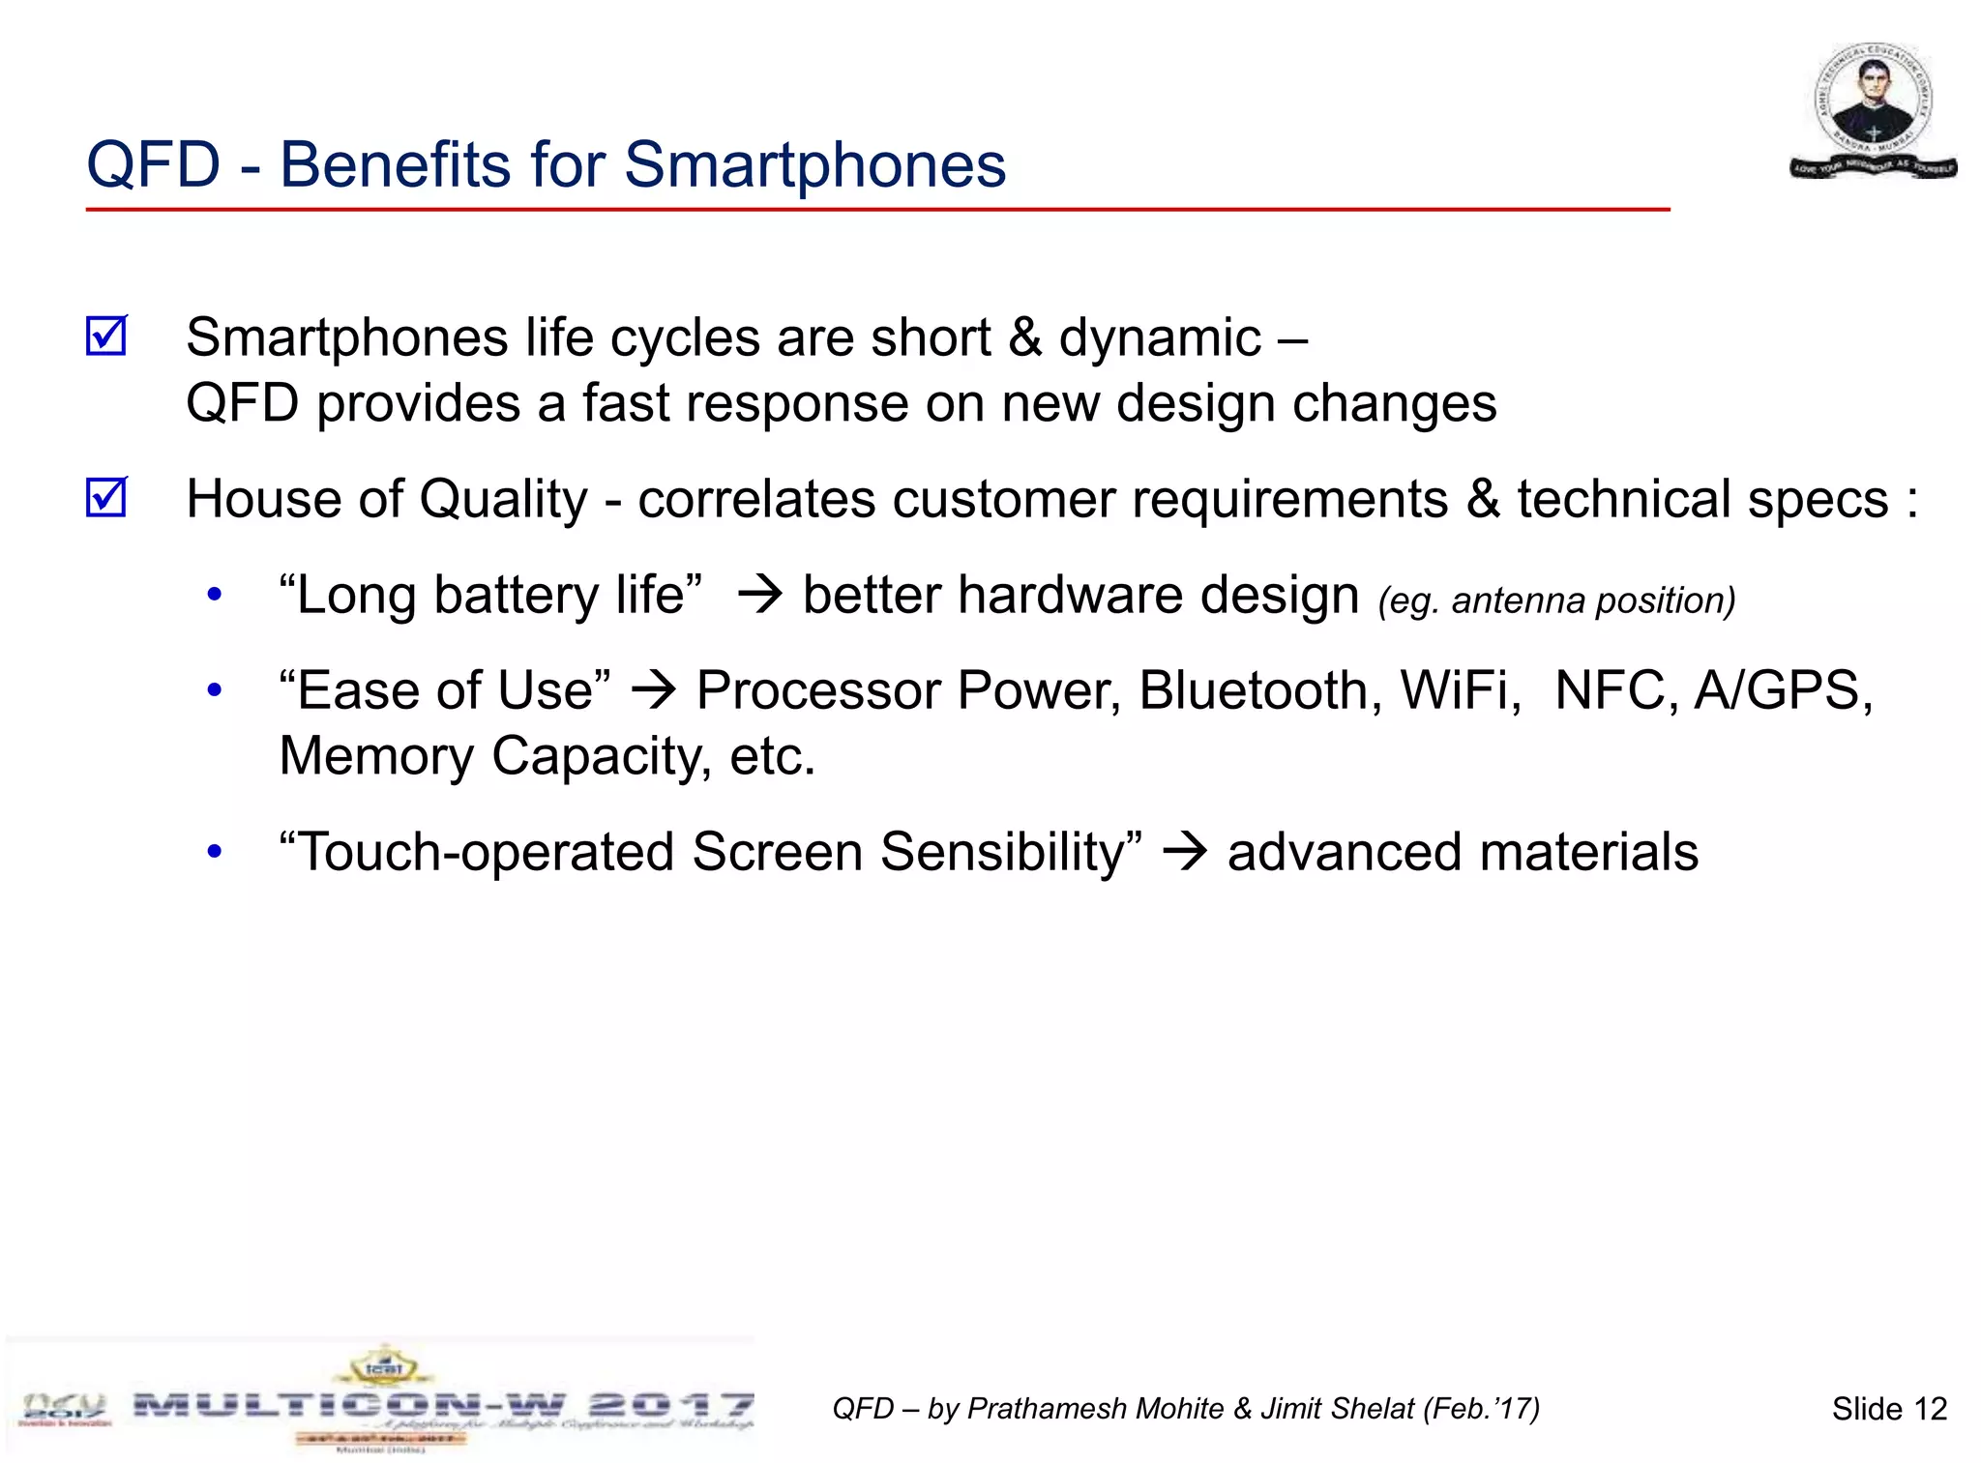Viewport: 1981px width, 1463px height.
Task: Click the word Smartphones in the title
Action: coord(814,164)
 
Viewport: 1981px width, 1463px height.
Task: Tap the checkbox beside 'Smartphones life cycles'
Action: coord(106,336)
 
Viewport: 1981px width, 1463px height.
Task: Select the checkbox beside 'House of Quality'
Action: coord(106,498)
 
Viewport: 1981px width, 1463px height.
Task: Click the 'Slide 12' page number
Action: coord(1888,1409)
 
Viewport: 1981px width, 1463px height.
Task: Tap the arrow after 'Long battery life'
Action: coord(759,595)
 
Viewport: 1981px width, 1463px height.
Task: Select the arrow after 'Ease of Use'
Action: coord(654,690)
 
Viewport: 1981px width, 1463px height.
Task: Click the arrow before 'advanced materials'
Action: coord(1185,852)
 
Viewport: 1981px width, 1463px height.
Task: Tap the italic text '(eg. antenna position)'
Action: coord(1556,600)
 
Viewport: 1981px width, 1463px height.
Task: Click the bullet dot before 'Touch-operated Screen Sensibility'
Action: coord(215,852)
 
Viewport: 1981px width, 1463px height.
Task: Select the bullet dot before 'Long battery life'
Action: coord(215,595)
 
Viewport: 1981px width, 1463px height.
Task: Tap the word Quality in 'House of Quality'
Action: coord(502,500)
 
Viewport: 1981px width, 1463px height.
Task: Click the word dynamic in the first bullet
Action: coord(1160,338)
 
